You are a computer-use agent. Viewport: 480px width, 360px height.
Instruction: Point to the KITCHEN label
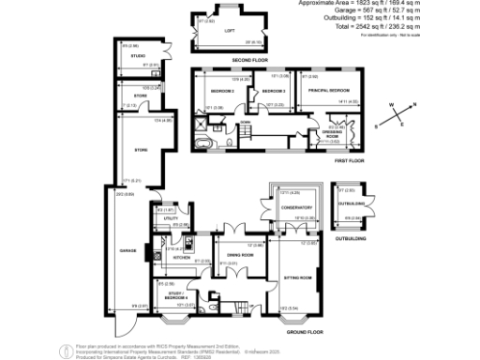click(182, 256)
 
